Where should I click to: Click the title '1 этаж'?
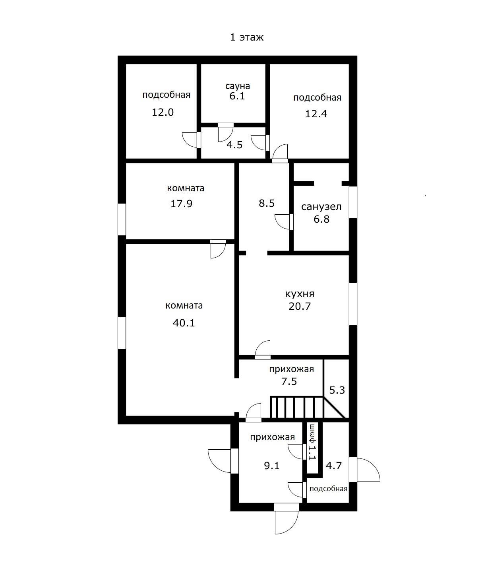click(x=247, y=37)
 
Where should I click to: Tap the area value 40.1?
click(x=184, y=323)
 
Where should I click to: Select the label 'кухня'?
click(x=300, y=294)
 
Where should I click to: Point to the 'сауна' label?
click(x=238, y=86)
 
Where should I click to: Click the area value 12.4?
click(x=316, y=114)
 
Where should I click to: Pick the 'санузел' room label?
click(x=321, y=207)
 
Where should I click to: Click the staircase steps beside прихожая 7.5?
click(x=296, y=407)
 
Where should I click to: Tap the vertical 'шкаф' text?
click(x=312, y=433)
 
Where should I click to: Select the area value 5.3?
click(x=337, y=390)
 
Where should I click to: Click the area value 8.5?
click(x=267, y=204)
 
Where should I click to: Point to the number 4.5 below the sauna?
click(x=234, y=145)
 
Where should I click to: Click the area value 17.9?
click(x=181, y=204)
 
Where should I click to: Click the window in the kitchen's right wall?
click(x=353, y=304)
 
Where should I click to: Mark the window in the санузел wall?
click(x=353, y=202)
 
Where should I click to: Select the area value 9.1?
click(x=272, y=465)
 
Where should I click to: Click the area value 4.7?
click(x=334, y=465)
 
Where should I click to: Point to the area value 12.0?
click(x=163, y=112)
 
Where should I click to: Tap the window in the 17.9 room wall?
click(x=122, y=219)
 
